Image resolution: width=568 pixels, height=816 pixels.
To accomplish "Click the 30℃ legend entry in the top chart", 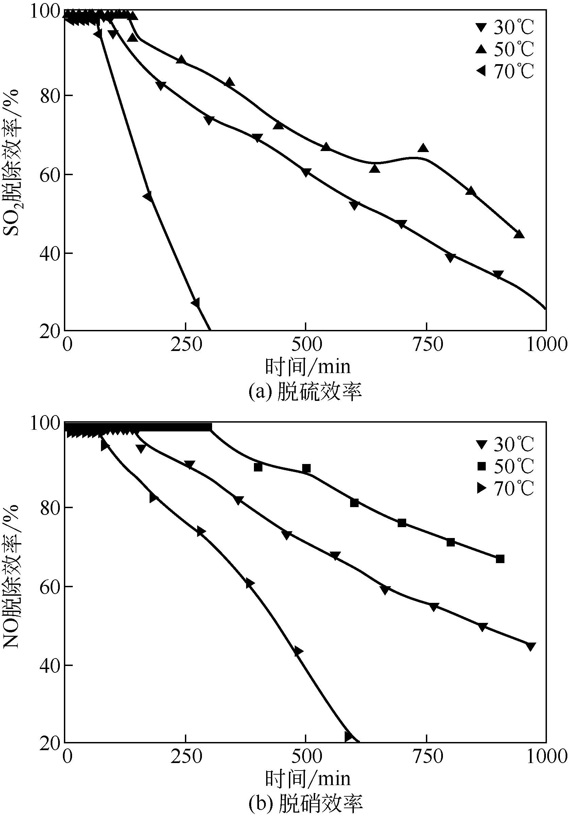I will (505, 27).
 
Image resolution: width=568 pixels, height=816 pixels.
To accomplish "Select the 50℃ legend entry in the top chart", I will (505, 50).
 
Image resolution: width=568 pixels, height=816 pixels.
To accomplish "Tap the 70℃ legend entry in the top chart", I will (505, 71).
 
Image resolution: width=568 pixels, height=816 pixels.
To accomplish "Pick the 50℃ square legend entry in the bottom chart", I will (505, 466).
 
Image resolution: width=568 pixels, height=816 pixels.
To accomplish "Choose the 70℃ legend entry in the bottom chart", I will (505, 489).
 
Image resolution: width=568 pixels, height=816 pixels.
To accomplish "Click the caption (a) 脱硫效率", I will (305, 392).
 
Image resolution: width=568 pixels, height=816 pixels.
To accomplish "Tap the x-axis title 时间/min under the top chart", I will (308, 367).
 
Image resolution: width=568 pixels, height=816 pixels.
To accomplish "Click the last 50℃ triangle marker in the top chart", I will (519, 234).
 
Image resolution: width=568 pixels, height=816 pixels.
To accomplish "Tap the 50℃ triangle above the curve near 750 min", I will (423, 148).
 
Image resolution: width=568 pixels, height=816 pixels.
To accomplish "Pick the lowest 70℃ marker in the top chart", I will (195, 302).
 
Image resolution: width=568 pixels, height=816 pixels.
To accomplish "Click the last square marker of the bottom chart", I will (500, 559).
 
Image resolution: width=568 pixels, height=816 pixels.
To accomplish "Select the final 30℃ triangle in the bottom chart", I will (530, 647).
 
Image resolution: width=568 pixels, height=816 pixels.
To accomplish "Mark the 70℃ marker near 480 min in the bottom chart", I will (298, 652).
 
